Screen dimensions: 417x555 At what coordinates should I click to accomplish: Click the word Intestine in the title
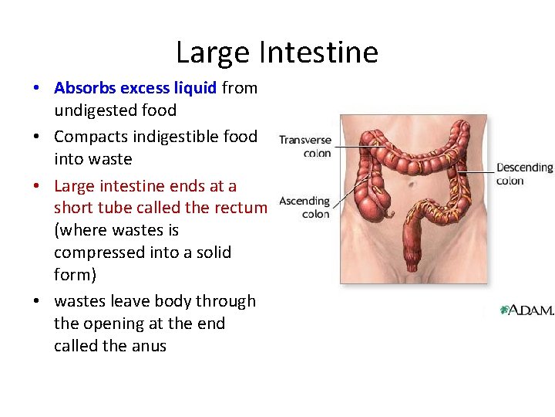pyautogui.click(x=318, y=53)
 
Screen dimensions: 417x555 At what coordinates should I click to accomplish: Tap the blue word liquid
pyautogui.click(x=194, y=88)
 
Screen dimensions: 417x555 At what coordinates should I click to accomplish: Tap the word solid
pyautogui.click(x=210, y=253)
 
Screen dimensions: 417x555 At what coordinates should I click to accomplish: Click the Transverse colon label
pyautogui.click(x=305, y=147)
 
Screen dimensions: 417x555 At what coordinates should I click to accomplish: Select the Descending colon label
pyautogui.click(x=524, y=174)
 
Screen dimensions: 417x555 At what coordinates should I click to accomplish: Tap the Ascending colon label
pyautogui.click(x=304, y=207)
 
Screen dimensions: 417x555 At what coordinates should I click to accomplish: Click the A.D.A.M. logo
pyautogui.click(x=527, y=310)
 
